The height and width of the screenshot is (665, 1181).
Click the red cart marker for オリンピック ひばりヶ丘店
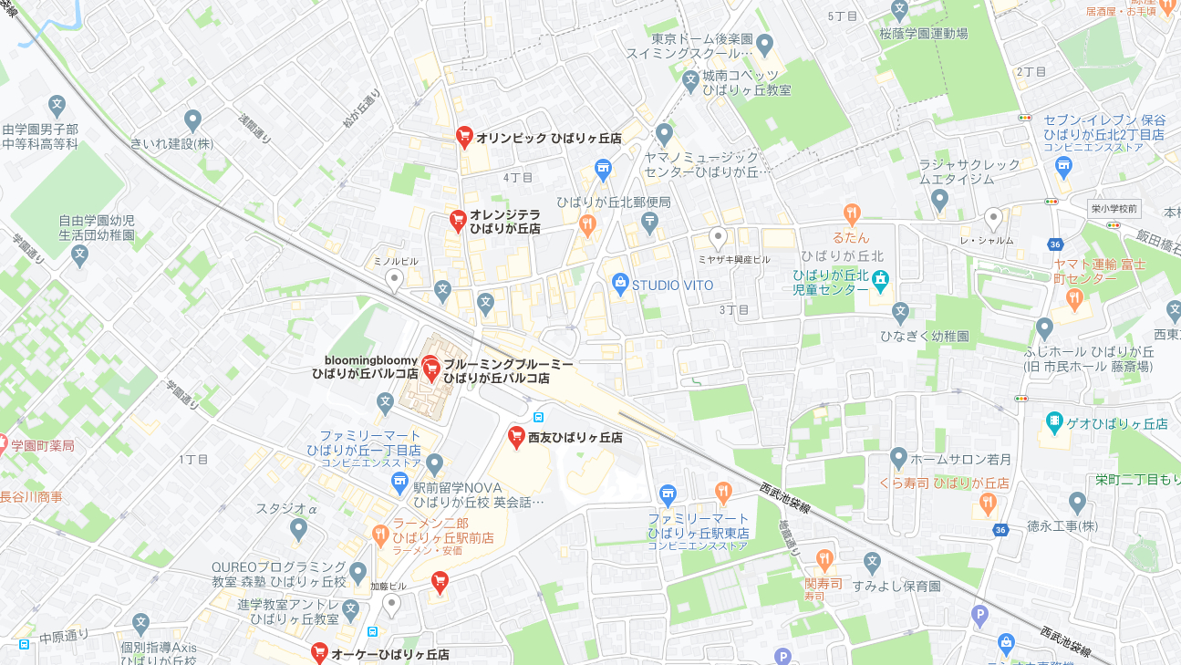coord(464,137)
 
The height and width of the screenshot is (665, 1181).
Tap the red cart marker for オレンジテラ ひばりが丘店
coord(459,220)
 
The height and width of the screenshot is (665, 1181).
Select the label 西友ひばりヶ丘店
coord(575,438)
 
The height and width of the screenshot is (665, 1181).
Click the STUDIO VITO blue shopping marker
coord(621,284)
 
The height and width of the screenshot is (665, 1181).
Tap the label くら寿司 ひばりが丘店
coord(944,483)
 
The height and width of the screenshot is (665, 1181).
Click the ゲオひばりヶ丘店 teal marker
coord(1054,421)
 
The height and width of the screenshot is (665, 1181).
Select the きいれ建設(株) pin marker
coord(192,119)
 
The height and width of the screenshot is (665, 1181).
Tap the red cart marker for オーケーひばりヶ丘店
coord(319,651)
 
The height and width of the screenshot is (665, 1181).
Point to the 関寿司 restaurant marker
coord(825,558)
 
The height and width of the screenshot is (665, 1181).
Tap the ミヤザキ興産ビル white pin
coord(719,238)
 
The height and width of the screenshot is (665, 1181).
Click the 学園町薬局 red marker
coord(2,444)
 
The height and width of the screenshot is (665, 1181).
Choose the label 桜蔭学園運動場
coord(923,34)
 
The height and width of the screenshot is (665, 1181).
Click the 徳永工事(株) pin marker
coord(1078,501)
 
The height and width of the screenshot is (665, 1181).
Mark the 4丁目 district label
coord(517,177)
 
